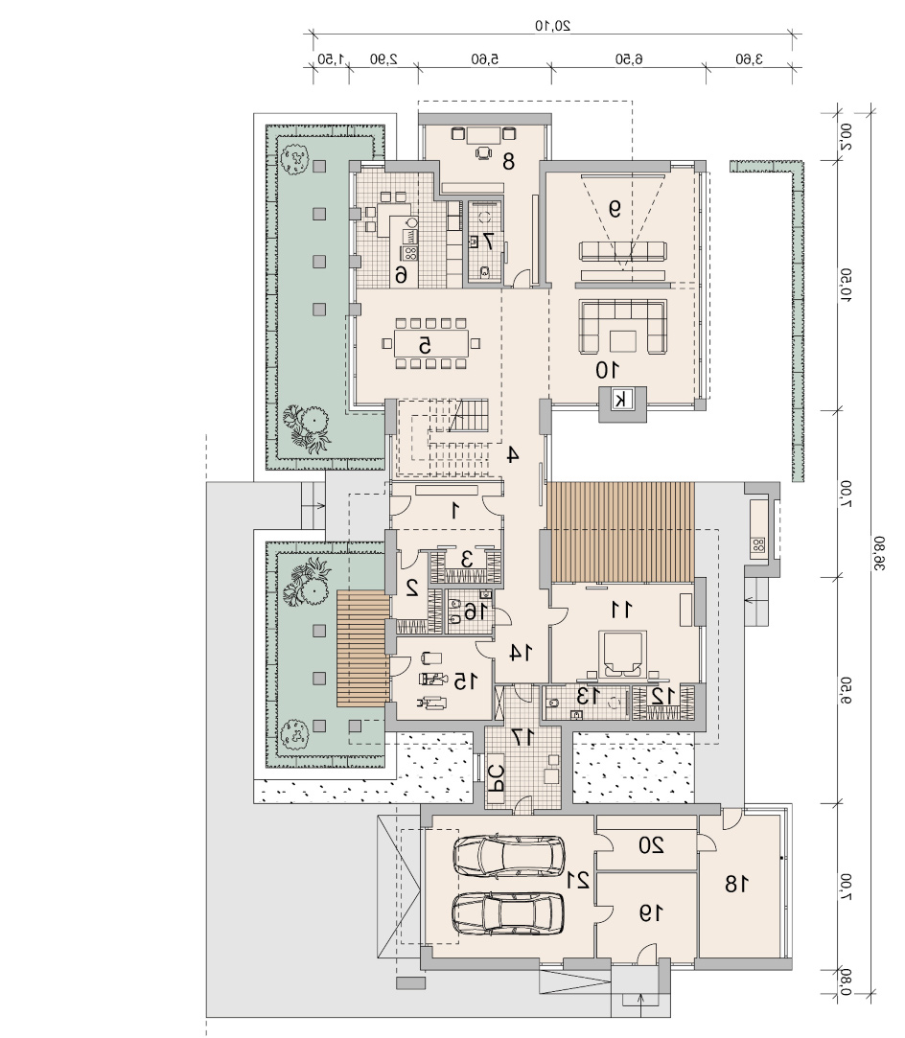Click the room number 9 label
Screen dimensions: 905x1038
click(x=615, y=209)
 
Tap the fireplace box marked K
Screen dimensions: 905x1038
click(x=621, y=399)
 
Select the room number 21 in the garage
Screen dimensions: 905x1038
click(x=578, y=880)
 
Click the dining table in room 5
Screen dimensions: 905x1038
click(x=430, y=343)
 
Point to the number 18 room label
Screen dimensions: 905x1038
click(x=737, y=884)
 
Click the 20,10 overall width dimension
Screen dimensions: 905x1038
click(x=553, y=26)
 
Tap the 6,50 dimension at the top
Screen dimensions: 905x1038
click(x=629, y=59)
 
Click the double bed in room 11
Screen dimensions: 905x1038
click(x=621, y=654)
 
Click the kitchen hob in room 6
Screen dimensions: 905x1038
click(x=410, y=252)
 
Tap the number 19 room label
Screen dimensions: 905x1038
click(x=651, y=913)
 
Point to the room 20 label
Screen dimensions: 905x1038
click(x=652, y=845)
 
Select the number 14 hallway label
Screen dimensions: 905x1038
click(x=521, y=653)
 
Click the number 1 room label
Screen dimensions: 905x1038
click(x=454, y=511)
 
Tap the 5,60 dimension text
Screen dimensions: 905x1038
click(x=484, y=59)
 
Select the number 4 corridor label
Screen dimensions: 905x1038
click(x=512, y=455)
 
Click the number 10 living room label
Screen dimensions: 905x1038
click(x=607, y=370)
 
